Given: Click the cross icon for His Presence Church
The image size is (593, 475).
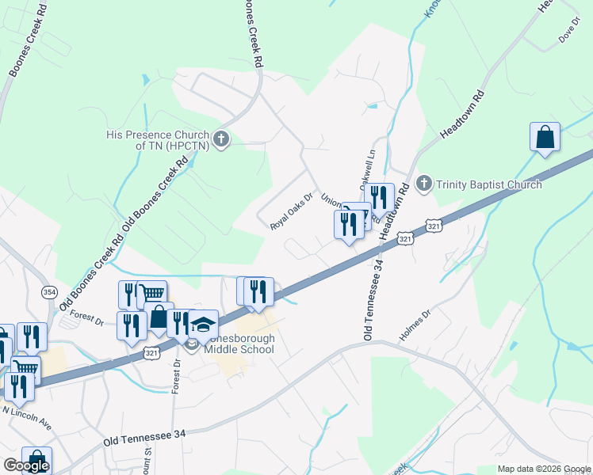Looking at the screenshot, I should [221, 139].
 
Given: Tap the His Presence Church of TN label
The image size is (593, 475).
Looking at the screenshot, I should [157, 140].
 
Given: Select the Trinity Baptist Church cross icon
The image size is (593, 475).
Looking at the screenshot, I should [424, 184].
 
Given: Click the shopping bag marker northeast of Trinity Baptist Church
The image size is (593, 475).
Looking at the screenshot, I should [545, 136].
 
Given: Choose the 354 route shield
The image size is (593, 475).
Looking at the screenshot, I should [48, 292].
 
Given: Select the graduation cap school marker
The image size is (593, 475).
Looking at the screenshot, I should [203, 324].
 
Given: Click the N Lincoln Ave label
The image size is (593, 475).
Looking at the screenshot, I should [27, 419].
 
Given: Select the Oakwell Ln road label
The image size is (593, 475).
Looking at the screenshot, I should [368, 169].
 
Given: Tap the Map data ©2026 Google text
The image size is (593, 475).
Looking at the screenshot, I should [544, 469].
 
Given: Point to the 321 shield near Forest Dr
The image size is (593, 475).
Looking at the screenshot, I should [150, 354].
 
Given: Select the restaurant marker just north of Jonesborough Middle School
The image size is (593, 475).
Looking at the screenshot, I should [258, 292].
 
